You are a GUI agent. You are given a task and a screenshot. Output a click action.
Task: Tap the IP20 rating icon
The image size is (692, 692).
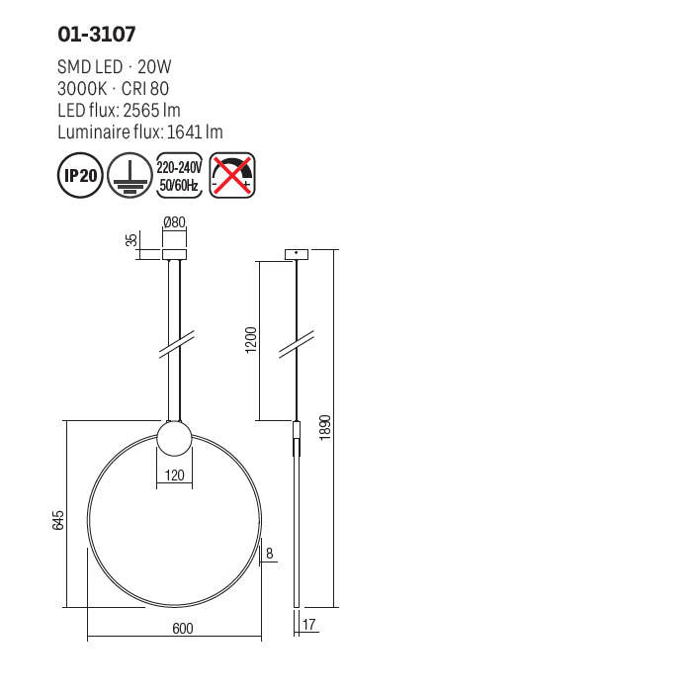pyautogui.click(x=81, y=175)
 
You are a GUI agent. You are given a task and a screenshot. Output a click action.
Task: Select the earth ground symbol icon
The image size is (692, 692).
pyautogui.click(x=129, y=175)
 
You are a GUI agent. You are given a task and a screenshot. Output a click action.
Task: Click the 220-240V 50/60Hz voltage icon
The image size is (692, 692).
pyautogui.click(x=180, y=175)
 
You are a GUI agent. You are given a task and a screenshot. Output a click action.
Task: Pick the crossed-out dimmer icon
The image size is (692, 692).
pyautogui.click(x=233, y=175)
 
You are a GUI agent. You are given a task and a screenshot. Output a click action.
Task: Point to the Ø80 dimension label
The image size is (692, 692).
pyautogui.click(x=174, y=223)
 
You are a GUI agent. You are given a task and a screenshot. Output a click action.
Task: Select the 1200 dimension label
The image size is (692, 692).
pyautogui.click(x=251, y=339)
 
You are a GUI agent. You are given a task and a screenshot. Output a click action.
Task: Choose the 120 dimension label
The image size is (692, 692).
pyautogui.click(x=174, y=476)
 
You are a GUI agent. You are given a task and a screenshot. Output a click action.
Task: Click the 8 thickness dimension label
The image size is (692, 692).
pyautogui.click(x=269, y=554)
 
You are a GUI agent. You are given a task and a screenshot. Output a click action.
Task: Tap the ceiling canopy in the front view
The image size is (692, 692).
pyautogui.click(x=174, y=256)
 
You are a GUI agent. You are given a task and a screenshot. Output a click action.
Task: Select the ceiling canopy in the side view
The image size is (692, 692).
pyautogui.click(x=297, y=255)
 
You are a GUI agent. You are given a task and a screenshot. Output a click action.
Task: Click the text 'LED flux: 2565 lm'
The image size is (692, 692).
pyautogui.click(x=120, y=110)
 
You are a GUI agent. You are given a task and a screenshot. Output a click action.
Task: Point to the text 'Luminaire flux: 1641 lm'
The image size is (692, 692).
pyautogui.click(x=140, y=131)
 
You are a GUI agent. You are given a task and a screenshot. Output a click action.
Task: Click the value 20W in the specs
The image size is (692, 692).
pyautogui.click(x=154, y=67)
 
